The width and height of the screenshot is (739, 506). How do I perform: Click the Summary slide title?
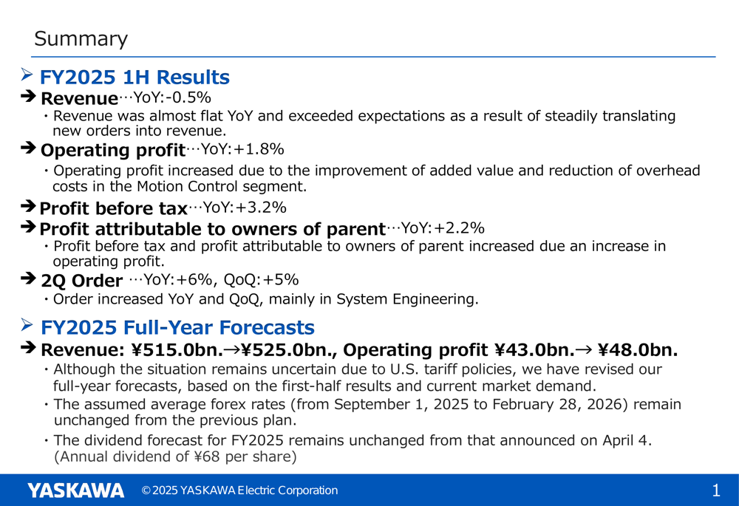pyautogui.click(x=81, y=38)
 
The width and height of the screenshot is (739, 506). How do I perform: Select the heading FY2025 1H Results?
pyautogui.click(x=134, y=78)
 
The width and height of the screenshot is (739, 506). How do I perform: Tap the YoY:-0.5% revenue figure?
pyautogui.click(x=172, y=97)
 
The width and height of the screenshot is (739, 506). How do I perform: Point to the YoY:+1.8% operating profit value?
pyautogui.click(x=242, y=149)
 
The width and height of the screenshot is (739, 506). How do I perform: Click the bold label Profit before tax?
pyautogui.click(x=114, y=208)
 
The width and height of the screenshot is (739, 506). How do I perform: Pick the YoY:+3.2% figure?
pyautogui.click(x=245, y=208)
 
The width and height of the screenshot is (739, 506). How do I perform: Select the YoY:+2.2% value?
pyautogui.click(x=443, y=228)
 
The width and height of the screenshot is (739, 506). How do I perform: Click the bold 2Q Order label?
pyautogui.click(x=81, y=281)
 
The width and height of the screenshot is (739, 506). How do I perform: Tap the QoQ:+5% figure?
pyautogui.click(x=261, y=280)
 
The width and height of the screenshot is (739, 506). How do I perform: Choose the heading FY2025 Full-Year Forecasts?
pyautogui.click(x=177, y=327)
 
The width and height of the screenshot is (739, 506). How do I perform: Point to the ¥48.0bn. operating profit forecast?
pyautogui.click(x=638, y=350)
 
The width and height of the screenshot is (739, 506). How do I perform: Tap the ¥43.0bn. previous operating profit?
pyautogui.click(x=535, y=350)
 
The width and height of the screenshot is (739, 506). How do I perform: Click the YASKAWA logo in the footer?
pyautogui.click(x=76, y=490)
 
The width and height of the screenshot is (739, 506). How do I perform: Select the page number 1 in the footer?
pyautogui.click(x=716, y=491)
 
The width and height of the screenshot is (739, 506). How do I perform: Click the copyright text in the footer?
pyautogui.click(x=240, y=490)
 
